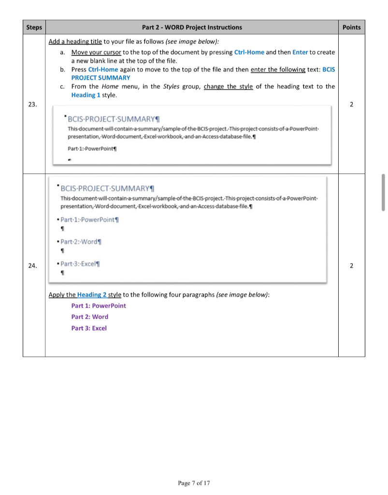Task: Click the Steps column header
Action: tap(34, 28)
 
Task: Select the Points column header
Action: tap(351, 28)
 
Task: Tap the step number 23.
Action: tap(34, 103)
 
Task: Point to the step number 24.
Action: tap(34, 265)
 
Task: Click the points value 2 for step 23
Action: tap(351, 103)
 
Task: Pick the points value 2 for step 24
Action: tap(351, 265)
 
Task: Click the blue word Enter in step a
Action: tap(300, 52)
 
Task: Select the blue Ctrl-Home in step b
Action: tap(103, 70)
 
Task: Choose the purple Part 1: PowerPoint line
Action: tap(99, 306)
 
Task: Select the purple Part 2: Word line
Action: tap(90, 317)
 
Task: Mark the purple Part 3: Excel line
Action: tap(89, 328)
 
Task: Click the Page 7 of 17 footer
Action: tap(194, 482)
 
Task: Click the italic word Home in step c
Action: tap(110, 87)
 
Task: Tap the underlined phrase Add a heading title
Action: tap(75, 43)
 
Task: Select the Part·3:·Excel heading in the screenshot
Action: tap(80, 264)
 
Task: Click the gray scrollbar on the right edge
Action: tap(383, 192)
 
